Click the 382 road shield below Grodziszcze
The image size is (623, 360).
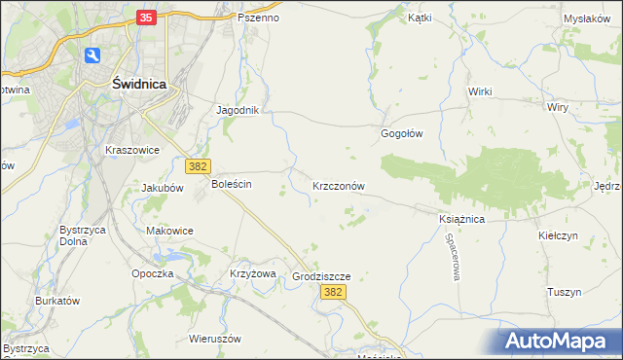tap(333, 293)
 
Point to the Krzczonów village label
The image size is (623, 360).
tap(339, 185)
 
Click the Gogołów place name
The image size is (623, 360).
tap(401, 134)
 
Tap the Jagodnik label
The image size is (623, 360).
tap(238, 110)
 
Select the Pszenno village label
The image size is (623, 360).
tap(258, 18)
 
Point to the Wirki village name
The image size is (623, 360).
tap(480, 91)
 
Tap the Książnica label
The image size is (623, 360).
tap(461, 220)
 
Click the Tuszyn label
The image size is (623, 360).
tap(564, 292)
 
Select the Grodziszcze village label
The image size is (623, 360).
tap(321, 276)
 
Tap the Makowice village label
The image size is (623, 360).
tap(169, 231)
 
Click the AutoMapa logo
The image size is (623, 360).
tap(561, 341)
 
